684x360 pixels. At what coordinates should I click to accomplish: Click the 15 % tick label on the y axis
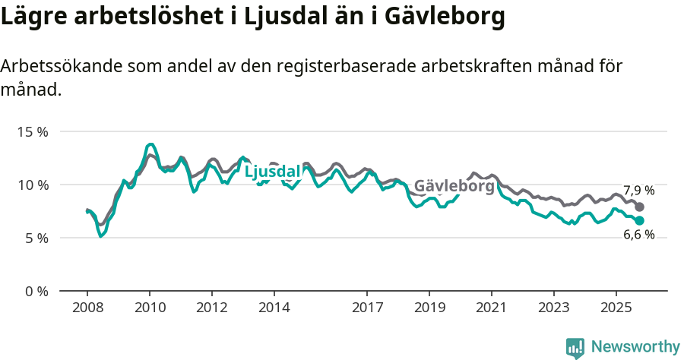pos(33,131)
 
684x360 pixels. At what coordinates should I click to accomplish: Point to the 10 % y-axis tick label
pos(33,185)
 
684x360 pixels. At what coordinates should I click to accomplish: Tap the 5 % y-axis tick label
pos(36,238)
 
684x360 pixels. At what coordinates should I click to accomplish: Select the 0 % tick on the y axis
pos(36,291)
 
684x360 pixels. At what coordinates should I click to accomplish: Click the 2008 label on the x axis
pos(87,308)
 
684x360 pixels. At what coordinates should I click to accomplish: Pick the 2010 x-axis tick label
pos(150,308)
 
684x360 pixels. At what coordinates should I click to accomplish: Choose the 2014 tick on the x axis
pos(274,308)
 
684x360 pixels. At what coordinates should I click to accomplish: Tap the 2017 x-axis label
pos(367,308)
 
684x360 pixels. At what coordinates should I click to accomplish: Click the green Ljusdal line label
pos(272,172)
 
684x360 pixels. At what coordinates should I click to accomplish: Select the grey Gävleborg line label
pos(454,186)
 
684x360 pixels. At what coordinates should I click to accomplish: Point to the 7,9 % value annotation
pos(638,191)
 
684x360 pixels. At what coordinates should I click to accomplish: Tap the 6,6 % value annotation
pos(638,235)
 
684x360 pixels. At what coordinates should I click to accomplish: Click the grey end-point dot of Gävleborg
pos(640,207)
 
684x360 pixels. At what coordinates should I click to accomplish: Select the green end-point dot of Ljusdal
pos(640,220)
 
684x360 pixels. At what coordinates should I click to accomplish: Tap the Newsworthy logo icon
pos(575,347)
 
